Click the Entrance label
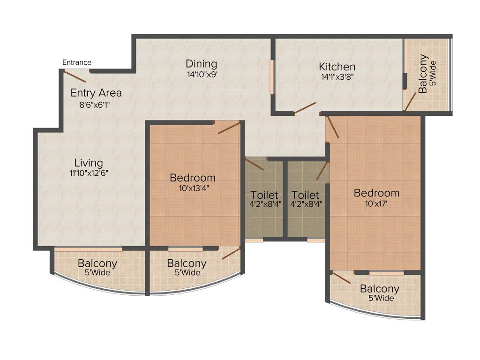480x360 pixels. click(77, 62)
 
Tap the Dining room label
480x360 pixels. click(201, 64)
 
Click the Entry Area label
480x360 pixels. click(96, 93)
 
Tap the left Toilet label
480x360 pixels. click(264, 195)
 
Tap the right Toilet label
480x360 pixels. click(305, 195)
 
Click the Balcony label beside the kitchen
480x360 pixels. click(423, 74)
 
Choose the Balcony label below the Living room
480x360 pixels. click(97, 263)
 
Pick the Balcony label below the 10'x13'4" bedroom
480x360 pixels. click(187, 263)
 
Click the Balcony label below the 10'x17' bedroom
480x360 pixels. click(380, 289)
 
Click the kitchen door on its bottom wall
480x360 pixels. click(305, 108)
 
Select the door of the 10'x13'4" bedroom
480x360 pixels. click(229, 127)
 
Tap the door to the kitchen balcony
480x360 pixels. click(411, 101)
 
